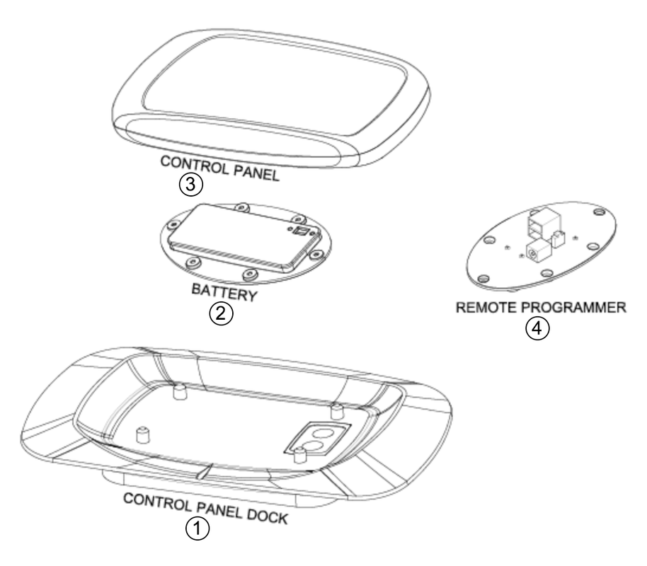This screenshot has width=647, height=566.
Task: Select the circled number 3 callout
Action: (x=192, y=185)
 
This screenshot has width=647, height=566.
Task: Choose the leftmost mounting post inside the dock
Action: (x=144, y=434)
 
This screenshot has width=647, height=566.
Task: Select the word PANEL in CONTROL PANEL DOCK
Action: (x=214, y=505)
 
